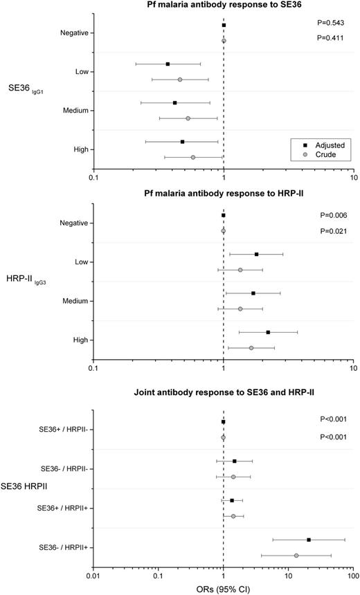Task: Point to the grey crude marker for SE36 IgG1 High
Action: tap(193, 158)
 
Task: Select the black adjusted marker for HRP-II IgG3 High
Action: tap(268, 332)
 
